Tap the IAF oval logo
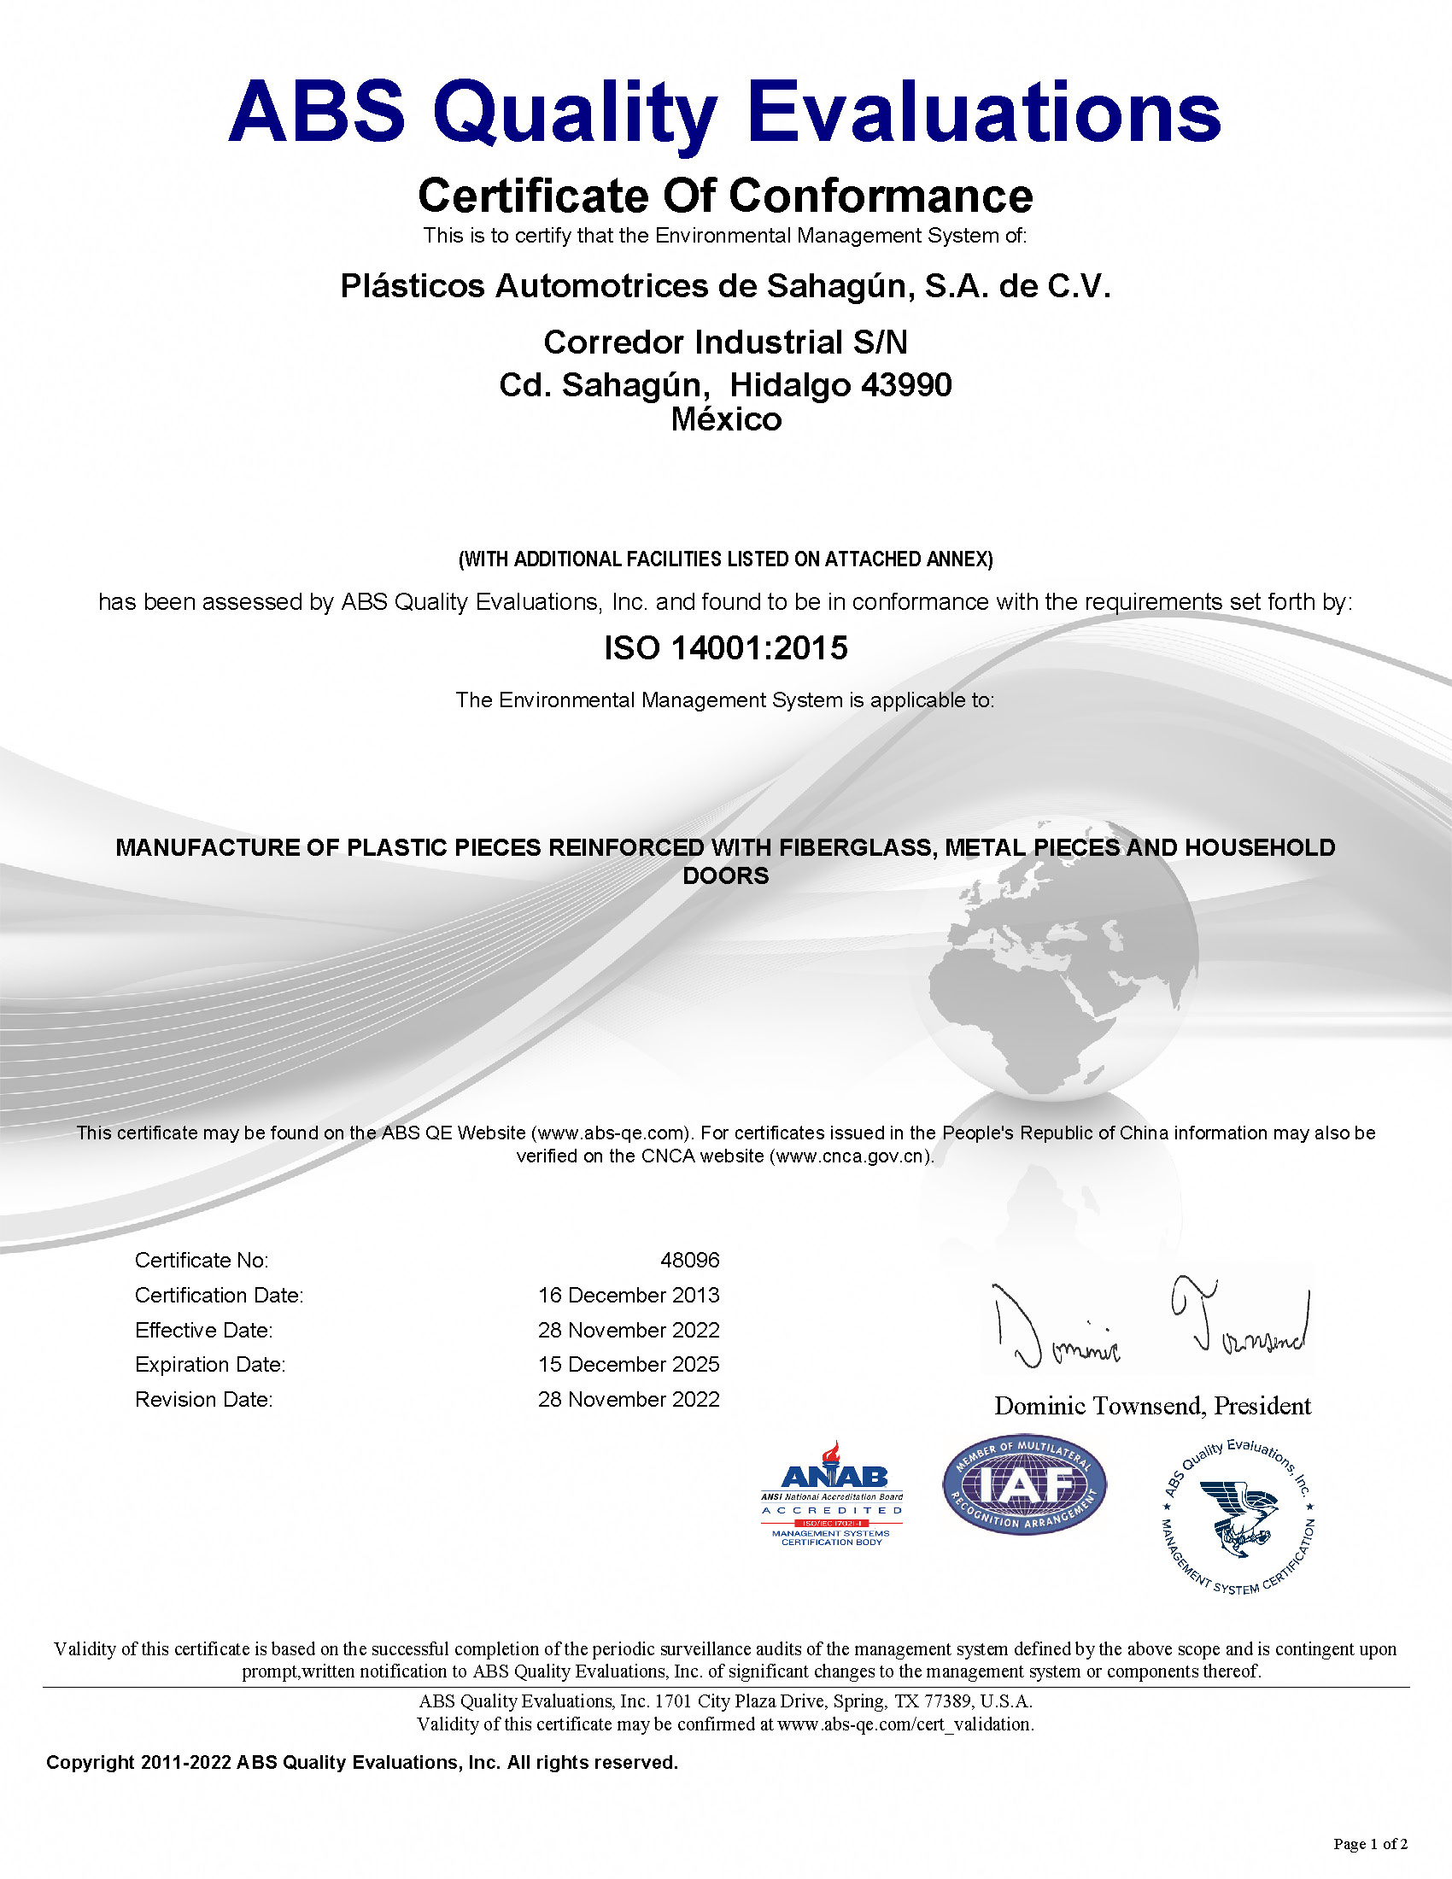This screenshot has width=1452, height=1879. (1023, 1486)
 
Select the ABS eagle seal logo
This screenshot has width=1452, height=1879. (1238, 1516)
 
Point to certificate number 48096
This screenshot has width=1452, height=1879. (690, 1261)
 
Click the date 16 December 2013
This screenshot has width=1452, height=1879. (629, 1296)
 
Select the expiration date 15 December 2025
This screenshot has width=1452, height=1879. (629, 1365)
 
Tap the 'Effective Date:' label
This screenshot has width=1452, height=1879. (204, 1331)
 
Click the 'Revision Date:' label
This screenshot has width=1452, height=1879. (204, 1400)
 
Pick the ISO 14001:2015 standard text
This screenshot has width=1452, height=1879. (726, 648)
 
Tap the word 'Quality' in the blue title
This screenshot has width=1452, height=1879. (575, 114)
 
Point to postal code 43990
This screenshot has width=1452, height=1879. (906, 385)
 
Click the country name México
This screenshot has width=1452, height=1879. (726, 420)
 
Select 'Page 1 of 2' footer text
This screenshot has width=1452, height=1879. (1370, 1843)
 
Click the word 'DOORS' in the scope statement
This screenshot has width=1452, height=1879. (726, 875)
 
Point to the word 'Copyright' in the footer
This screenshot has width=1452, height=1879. (91, 1762)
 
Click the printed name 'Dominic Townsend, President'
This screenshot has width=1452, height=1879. (1153, 1406)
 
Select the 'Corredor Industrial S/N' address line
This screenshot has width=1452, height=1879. (726, 342)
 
